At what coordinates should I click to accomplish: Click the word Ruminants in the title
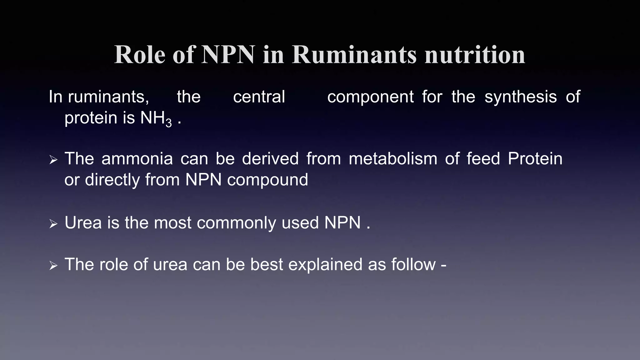354,55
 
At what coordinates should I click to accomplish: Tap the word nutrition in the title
475,55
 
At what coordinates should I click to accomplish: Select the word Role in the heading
139,55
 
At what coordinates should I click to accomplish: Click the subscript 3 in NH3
169,123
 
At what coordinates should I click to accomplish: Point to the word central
259,97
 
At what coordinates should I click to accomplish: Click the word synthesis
520,97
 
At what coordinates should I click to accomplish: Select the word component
370,97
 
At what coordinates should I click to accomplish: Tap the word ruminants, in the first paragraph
108,97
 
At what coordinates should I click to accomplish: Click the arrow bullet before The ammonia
53,160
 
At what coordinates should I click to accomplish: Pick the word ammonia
137,158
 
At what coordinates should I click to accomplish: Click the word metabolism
393,158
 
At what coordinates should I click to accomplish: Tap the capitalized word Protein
535,158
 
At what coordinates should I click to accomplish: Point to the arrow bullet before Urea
53,224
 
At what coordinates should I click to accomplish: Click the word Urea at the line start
83,223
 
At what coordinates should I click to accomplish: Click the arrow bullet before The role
53,266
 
